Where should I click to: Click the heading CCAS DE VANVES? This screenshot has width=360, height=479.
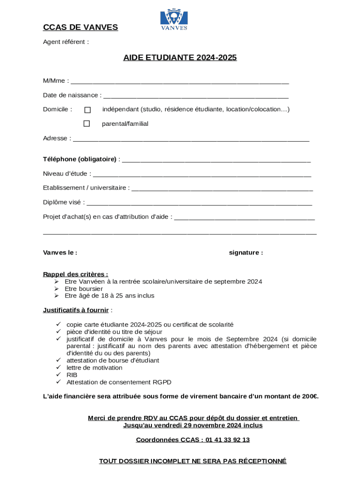click(80, 28)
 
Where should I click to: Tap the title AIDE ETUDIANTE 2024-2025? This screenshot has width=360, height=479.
click(180, 58)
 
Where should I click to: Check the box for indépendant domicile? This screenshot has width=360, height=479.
click(87, 110)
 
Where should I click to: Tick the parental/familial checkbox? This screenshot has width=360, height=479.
click(86, 124)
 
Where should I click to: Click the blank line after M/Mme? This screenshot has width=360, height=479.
click(180, 81)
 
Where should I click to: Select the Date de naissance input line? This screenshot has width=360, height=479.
click(195, 96)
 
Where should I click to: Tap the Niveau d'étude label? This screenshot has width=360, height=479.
click(66, 174)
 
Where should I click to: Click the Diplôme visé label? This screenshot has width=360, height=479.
click(63, 203)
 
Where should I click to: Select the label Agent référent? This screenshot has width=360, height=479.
click(65, 42)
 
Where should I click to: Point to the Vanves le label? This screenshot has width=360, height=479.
click(60, 253)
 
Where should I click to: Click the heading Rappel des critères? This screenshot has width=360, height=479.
click(75, 274)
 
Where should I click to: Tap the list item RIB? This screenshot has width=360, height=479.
click(72, 375)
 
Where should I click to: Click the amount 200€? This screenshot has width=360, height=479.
click(309, 397)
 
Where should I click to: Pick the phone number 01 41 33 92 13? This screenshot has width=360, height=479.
click(227, 440)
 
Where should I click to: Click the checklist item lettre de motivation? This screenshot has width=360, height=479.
click(94, 368)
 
